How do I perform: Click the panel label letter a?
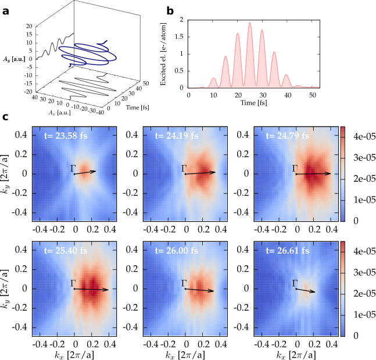click(5, 11)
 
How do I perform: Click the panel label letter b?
click(170, 10)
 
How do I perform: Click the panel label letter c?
click(5, 117)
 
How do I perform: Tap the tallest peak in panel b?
click(250, 23)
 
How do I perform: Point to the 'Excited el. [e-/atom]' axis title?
click(163, 54)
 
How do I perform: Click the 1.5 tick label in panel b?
click(180, 37)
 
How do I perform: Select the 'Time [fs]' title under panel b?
click(254, 103)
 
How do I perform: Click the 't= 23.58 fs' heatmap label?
click(66, 136)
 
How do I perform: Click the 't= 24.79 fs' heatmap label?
click(287, 136)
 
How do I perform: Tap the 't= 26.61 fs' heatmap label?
click(287, 250)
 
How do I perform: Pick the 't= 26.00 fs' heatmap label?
click(177, 250)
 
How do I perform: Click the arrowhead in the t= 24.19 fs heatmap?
click(213, 172)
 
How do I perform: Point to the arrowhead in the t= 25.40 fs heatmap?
click(106, 290)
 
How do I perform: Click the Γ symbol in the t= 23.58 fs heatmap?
click(73, 168)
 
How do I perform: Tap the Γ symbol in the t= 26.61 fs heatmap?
click(295, 283)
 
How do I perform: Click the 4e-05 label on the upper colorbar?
click(364, 136)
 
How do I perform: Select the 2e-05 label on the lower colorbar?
click(364, 293)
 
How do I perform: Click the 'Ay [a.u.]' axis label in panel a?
click(14, 59)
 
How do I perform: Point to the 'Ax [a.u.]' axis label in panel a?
click(60, 112)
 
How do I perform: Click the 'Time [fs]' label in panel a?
click(138, 107)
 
